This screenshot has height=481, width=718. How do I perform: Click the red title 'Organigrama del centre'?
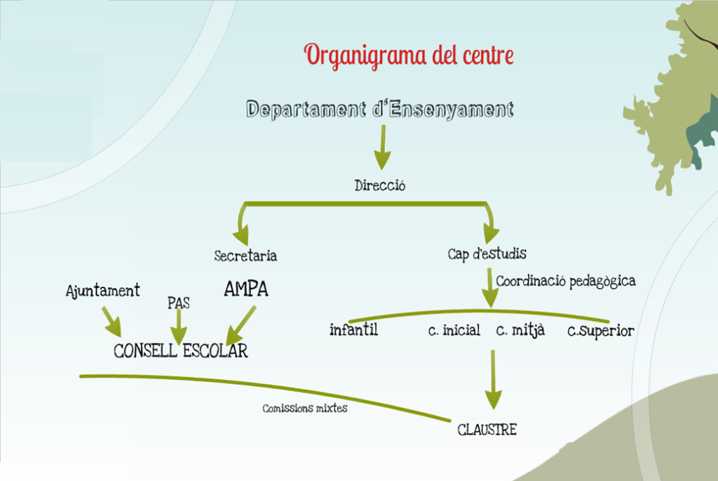tap(409, 55)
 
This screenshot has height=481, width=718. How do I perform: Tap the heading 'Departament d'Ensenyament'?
tap(380, 110)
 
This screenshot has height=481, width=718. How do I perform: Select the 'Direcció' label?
tap(380, 186)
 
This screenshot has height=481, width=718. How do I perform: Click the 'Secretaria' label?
tap(245, 256)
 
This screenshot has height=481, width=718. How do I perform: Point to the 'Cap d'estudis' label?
tap(487, 253)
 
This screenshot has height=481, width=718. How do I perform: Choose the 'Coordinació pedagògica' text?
tap(566, 281)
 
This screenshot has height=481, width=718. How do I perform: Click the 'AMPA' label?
tap(246, 289)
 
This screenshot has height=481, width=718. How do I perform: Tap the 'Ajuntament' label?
tap(103, 290)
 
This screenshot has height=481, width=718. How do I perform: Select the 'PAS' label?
tap(179, 303)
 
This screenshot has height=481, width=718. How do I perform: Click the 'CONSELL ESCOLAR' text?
tap(181, 350)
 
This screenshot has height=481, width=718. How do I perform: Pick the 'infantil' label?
tap(353, 329)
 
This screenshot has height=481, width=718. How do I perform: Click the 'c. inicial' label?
tap(454, 330)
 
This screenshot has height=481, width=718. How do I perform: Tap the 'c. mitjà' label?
tap(520, 330)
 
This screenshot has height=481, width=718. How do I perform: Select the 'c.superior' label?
tap(601, 330)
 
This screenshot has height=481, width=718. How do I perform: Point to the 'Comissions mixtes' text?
tap(304, 408)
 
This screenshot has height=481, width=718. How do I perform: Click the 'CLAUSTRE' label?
tap(487, 430)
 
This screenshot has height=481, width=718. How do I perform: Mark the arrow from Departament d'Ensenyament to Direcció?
tap(381, 147)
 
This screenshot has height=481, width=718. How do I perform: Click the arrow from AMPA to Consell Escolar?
tap(241, 325)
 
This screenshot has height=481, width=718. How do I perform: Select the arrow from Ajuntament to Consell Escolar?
tap(111, 321)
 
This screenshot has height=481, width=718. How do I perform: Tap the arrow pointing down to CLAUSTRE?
tap(493, 379)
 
